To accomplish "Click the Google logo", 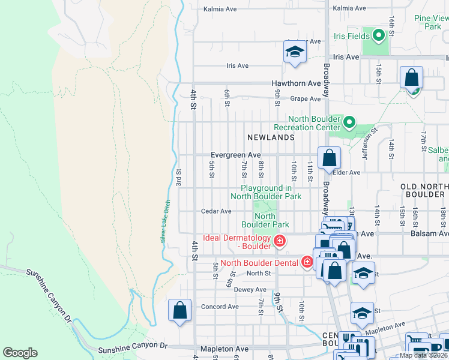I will point(20,353).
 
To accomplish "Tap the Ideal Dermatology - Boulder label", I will point(237,242).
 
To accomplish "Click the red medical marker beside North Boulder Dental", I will point(307,262).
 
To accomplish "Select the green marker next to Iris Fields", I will point(378,37).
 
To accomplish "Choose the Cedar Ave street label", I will point(216,211).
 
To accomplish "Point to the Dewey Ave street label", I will point(250,289).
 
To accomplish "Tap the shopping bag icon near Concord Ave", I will point(180,311).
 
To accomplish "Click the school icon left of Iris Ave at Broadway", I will point(295,53).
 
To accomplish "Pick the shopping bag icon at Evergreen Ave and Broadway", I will point(330,159).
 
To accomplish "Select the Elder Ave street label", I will point(346,172).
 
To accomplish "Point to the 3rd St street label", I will point(179,177).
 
